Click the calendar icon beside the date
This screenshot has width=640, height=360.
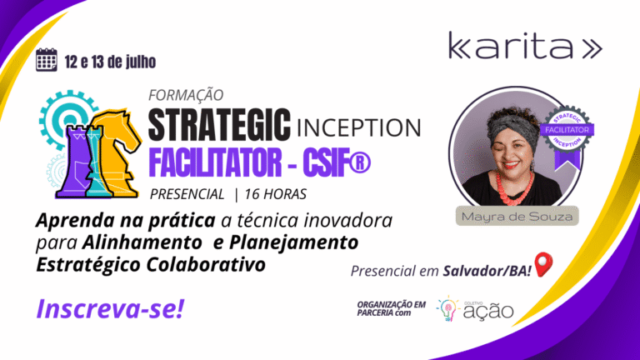click(x=46, y=60)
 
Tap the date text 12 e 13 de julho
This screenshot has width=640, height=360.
click(x=110, y=62)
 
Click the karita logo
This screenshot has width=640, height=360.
click(x=525, y=46)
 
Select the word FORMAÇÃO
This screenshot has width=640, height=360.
click(x=186, y=95)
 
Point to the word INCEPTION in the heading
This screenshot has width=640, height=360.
click(x=358, y=127)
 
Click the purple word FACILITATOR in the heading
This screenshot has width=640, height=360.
click(x=215, y=162)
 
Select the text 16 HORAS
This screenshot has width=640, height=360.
click(x=276, y=194)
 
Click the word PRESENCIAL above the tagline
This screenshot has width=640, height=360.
click(x=187, y=194)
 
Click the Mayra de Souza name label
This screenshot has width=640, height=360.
click(x=517, y=216)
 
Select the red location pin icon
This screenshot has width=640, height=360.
click(x=543, y=264)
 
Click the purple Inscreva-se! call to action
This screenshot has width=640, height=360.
click(x=110, y=308)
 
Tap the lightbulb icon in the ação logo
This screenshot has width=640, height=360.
click(x=447, y=309)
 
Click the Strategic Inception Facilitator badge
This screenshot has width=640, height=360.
click(x=567, y=136)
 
